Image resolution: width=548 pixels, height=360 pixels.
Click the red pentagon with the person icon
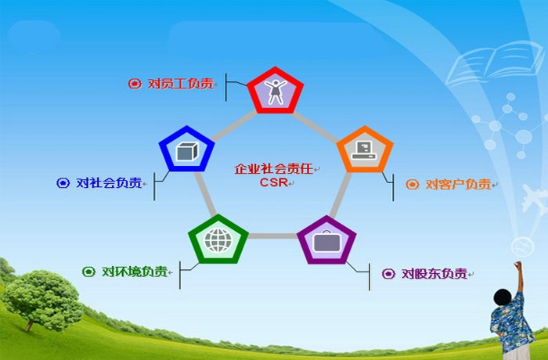276,91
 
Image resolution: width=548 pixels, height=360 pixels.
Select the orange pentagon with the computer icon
365,150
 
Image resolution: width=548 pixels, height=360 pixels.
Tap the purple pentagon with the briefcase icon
326,240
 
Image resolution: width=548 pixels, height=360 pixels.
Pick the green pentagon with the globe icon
218,239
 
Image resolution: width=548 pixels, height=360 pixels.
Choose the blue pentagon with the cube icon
186,149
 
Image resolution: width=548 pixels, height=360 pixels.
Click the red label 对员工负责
181,84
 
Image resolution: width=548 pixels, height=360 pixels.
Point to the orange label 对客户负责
458,184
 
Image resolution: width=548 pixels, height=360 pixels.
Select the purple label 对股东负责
434,274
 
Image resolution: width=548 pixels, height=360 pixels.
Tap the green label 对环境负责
135,272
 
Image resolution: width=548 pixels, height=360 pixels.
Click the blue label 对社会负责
109,183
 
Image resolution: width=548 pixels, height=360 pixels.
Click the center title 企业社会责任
274,169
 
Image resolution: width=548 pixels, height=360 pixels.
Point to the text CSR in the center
273,182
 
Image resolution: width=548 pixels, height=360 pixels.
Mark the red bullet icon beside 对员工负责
135,84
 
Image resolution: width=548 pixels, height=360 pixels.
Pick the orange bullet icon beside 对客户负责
412,184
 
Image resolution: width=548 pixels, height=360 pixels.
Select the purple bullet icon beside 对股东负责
388,274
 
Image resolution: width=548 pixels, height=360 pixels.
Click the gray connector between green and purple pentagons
272,236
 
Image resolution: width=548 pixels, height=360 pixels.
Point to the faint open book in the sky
495,63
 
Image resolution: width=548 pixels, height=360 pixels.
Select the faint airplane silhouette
535,200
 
